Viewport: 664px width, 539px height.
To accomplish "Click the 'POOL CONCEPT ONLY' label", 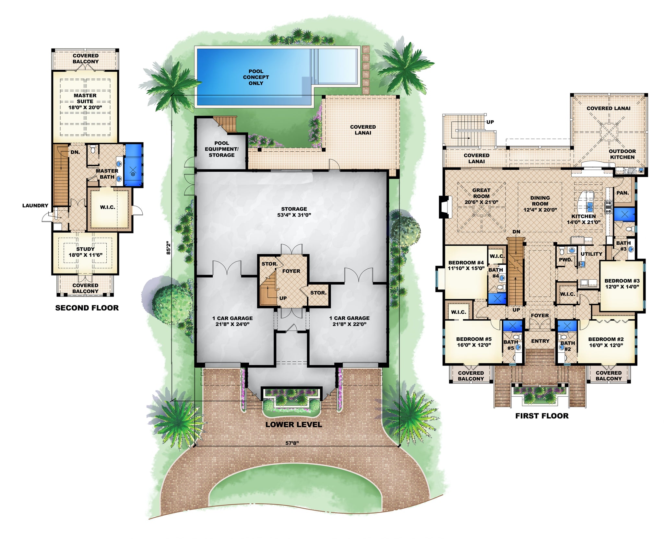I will (256, 77).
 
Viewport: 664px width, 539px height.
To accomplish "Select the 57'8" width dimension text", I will (292, 443).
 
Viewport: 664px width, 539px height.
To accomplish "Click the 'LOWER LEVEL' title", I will (293, 425).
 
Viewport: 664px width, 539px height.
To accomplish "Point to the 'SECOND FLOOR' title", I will (87, 308).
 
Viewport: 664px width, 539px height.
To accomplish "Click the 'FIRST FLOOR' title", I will (542, 416).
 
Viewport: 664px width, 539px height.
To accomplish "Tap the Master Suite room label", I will (85, 101).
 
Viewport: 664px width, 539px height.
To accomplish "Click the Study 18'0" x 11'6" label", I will (85, 252).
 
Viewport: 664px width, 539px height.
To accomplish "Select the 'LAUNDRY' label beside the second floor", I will (35, 205).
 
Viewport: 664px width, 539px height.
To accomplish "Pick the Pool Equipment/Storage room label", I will (221, 149).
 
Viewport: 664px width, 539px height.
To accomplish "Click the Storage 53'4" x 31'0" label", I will (294, 212).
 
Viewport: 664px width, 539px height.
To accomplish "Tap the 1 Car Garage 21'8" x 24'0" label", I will (232, 321).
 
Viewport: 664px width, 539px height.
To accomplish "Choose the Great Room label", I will (481, 196).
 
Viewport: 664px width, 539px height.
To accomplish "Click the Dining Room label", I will (540, 204).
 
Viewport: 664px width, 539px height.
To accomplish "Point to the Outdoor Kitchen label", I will (622, 154).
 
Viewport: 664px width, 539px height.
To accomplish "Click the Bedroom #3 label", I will (622, 284).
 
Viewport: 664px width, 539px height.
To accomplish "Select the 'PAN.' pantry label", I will (622, 193).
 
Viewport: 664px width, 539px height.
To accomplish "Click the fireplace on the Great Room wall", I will (444, 206).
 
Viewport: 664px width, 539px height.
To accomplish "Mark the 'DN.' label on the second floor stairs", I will (75, 152).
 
